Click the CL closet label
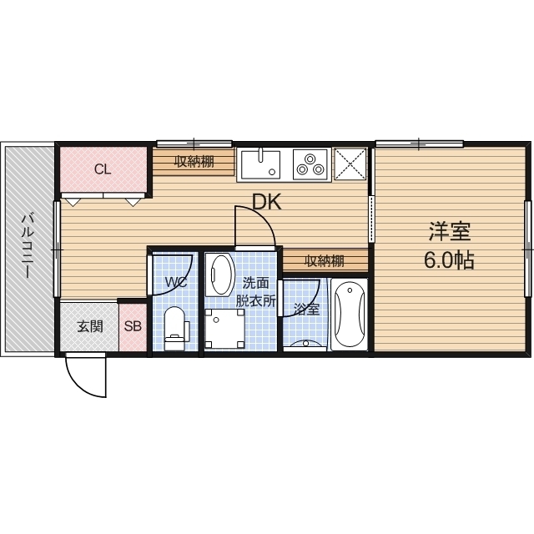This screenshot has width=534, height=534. point(103,169)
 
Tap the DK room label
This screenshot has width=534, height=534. point(267,202)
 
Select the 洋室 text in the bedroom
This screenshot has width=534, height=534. point(450,232)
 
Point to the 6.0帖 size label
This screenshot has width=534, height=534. point(449,261)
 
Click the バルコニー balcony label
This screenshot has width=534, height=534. point(28,246)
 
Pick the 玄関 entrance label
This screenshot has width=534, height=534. point(90,326)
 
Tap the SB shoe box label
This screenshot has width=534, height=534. point(133,326)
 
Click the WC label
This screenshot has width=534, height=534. point(176,282)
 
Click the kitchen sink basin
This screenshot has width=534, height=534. point(260,165)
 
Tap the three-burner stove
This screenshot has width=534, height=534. point(311,164)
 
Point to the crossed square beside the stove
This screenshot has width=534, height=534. point(350,164)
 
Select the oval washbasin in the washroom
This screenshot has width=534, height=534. point(220,275)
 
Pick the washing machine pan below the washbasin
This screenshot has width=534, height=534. point(224,329)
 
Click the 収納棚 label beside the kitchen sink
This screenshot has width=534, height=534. point(194,162)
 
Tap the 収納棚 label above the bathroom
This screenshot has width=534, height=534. point(325,261)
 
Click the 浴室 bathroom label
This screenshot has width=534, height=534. point(306,309)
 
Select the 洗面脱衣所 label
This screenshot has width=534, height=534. point(256,292)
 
